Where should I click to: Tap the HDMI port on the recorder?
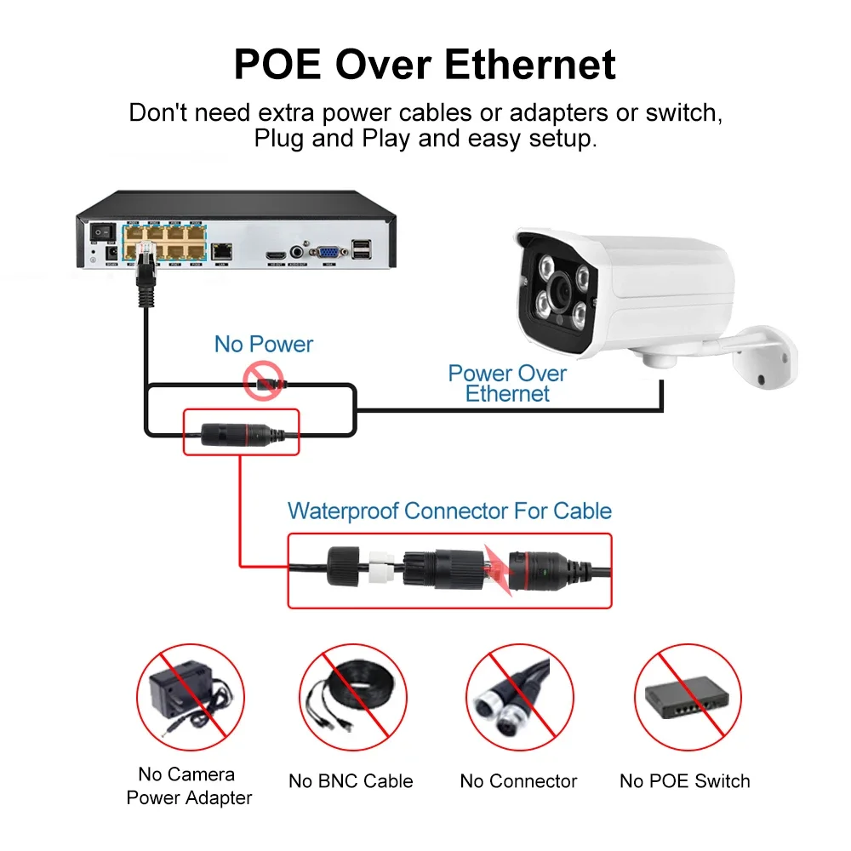274,254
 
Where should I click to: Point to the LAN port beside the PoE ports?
222,250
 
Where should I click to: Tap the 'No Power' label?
264,345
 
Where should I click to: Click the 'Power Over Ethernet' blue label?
507,383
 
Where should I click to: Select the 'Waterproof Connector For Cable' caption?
449,511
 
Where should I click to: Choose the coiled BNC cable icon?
351,696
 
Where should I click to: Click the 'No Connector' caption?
518,781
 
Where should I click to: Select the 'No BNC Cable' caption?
351,781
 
